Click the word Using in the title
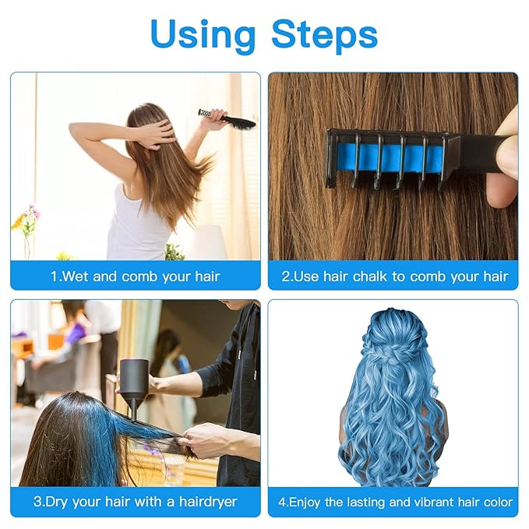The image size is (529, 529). (x=203, y=35)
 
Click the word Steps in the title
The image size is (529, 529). (x=324, y=35)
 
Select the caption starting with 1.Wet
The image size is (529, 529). (x=136, y=277)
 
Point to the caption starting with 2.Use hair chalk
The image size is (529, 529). (x=393, y=277)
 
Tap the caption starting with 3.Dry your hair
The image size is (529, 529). (x=136, y=502)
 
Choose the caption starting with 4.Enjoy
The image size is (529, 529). (x=393, y=502)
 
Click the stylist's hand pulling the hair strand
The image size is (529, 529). (x=204, y=441)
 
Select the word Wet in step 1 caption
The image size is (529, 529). (x=76, y=277)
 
